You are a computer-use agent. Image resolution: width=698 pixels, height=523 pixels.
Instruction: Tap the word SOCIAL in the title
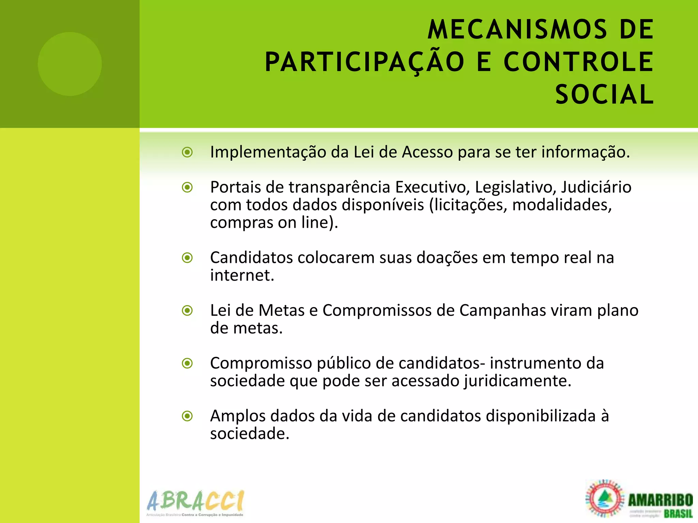click(604, 95)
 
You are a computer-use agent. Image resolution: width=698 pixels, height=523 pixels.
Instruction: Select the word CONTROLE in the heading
click(578, 62)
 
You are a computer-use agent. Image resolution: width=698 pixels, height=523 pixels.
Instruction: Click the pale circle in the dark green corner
click(70, 64)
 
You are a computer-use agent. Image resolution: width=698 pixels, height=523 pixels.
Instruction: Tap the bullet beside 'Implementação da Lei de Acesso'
click(187, 152)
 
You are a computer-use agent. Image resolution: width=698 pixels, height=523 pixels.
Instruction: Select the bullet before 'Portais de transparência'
click(187, 187)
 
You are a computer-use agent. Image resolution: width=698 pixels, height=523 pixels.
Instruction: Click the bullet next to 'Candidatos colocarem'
click(187, 258)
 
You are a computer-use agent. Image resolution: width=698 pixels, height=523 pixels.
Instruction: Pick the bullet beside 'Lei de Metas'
click(187, 311)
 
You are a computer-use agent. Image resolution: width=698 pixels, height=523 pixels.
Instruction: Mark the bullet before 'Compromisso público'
click(187, 363)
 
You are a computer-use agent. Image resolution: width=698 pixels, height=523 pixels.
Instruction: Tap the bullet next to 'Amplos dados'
click(187, 416)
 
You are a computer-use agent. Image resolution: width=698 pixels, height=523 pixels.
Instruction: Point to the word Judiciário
click(596, 187)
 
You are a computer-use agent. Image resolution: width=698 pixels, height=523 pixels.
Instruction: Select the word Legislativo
click(515, 187)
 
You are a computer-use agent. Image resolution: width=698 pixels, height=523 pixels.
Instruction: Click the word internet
click(242, 275)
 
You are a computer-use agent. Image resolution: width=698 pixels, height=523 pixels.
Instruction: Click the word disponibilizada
click(541, 416)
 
